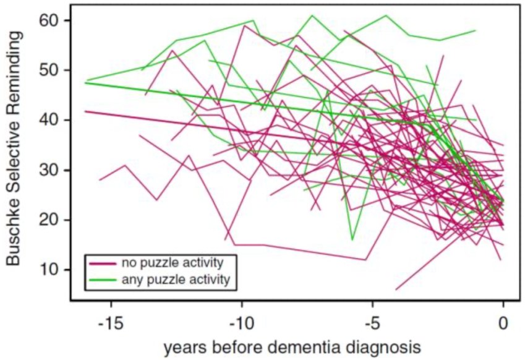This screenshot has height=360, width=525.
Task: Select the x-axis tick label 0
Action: point(504,322)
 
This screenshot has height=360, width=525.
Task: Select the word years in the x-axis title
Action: point(184,347)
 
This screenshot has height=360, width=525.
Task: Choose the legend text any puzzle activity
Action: point(177,280)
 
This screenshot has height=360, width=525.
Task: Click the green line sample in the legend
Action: point(100,280)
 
